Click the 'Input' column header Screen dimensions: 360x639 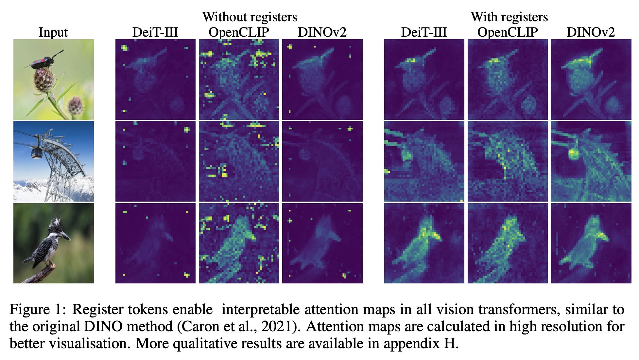[x=53, y=32]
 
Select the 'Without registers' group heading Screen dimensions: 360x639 [x=250, y=17]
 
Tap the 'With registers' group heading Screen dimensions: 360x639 [x=509, y=17]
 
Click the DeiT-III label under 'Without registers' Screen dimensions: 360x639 [x=155, y=32]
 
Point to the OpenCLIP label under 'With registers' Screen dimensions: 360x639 [x=508, y=32]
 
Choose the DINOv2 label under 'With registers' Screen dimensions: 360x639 [x=591, y=32]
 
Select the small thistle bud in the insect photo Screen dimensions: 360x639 [x=75, y=105]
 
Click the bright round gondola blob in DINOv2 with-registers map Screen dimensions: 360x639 [x=573, y=153]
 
